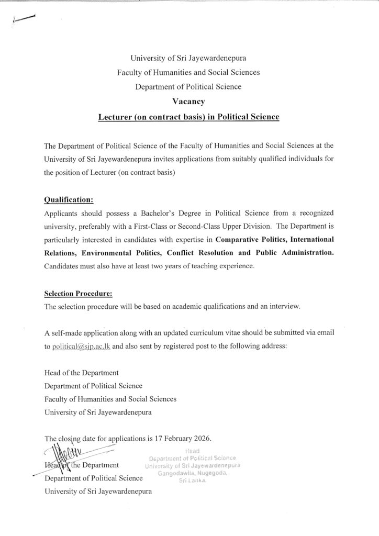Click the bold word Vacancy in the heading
[x=189, y=102]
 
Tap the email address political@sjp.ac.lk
[x=81, y=347]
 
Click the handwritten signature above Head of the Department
[x=58, y=451]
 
